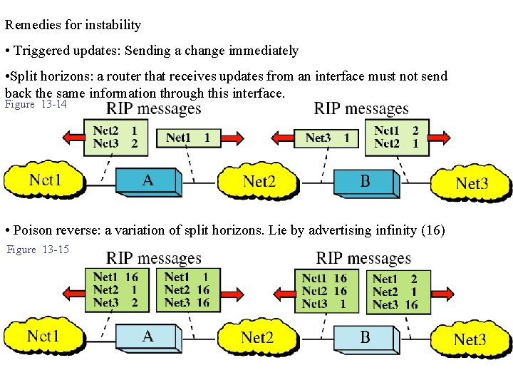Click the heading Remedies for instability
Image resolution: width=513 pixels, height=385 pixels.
tap(73, 25)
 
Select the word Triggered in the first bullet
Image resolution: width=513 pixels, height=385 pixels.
tap(41, 51)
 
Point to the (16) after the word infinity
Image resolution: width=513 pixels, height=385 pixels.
tap(433, 230)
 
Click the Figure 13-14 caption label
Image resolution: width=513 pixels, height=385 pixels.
tap(36, 105)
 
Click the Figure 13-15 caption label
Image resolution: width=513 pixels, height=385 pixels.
tap(38, 250)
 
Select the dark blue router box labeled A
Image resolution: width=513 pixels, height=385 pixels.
tap(147, 181)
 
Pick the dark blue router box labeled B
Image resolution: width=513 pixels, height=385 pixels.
tap(365, 182)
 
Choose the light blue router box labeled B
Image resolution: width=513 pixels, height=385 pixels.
tap(365, 338)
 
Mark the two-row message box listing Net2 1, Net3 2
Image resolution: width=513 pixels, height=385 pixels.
tap(115, 137)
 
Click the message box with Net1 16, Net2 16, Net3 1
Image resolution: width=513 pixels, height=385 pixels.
tap(324, 291)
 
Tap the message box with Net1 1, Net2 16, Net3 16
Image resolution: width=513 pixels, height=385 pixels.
tap(187, 289)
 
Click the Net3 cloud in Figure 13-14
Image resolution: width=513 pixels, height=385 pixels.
tap(472, 184)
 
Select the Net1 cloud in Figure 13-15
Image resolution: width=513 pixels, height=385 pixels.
tap(43, 337)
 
